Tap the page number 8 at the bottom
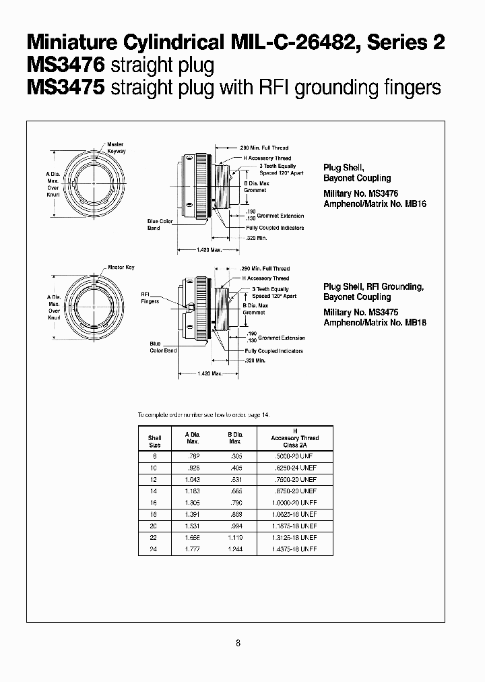coord(238,643)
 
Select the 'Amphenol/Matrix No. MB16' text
coord(375,204)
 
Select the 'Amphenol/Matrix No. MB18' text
coord(375,322)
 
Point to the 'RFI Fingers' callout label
coord(150,298)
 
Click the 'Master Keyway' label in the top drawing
coord(115,148)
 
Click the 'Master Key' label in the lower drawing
coord(121,267)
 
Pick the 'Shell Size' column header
coord(154,441)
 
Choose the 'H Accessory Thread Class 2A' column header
coord(294,438)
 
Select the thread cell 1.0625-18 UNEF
coord(294,514)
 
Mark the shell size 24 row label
coord(154,549)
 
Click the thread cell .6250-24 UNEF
coord(294,468)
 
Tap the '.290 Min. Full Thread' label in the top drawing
coord(264,147)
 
